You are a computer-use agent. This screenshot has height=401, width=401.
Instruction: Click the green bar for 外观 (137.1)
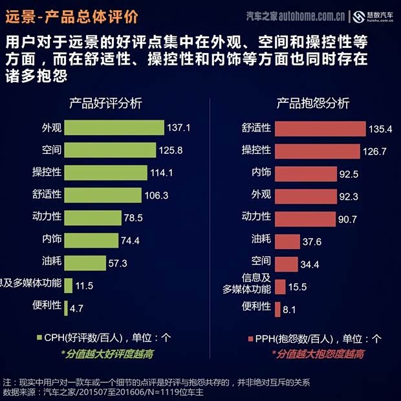114,127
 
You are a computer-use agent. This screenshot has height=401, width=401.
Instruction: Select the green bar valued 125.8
111,150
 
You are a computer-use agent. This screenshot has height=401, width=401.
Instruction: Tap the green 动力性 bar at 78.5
93,217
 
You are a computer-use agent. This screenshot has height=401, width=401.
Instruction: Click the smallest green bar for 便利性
66,307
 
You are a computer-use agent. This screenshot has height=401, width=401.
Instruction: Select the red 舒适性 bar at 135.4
320,129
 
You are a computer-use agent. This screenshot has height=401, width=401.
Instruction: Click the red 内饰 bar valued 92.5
306,173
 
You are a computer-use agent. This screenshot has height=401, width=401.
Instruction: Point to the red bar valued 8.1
277,309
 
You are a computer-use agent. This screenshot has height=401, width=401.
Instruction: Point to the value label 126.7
375,151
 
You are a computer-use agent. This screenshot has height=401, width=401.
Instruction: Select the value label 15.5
298,287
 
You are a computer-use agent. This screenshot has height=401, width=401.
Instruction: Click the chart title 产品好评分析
105,103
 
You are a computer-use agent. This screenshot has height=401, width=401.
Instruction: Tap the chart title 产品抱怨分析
313,103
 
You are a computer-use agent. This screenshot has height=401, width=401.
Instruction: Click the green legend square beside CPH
39,337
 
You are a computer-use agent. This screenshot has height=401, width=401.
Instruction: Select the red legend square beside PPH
250,338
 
